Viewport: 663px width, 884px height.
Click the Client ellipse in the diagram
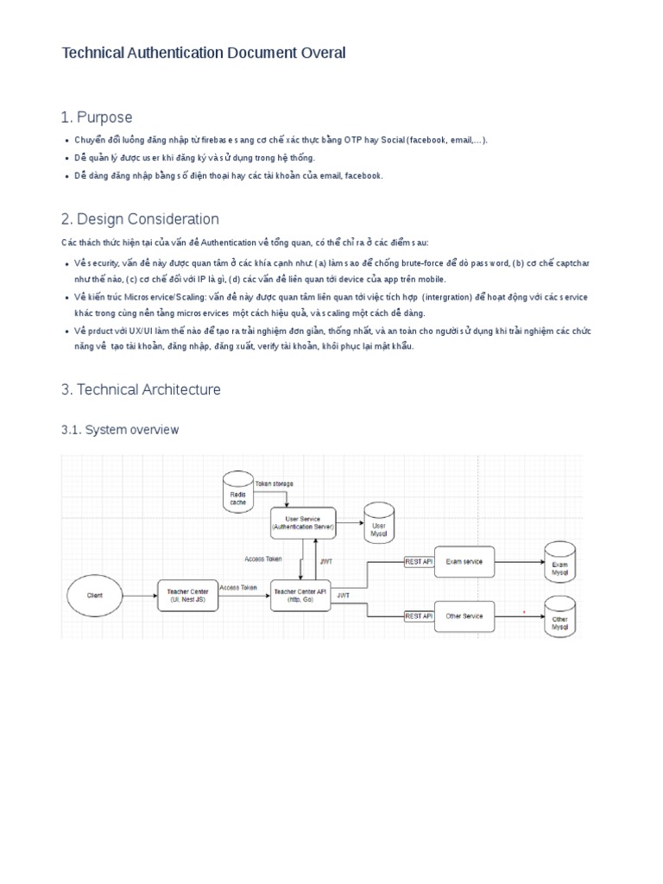coord(95,596)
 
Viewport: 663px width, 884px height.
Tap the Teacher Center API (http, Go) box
coord(300,595)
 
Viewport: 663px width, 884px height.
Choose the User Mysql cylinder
coord(379,523)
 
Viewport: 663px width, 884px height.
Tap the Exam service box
coord(464,562)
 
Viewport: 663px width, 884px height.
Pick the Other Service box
coord(464,616)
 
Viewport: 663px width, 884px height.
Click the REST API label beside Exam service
coord(418,562)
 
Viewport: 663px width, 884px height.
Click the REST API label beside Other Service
coord(418,616)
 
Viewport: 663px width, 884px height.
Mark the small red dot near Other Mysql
coord(523,612)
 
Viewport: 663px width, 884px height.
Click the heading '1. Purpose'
coord(97,117)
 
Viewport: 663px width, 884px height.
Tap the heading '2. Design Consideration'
coord(140,219)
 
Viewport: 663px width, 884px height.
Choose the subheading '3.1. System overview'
coord(120,429)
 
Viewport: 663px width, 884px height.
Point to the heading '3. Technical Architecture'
coord(141,389)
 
